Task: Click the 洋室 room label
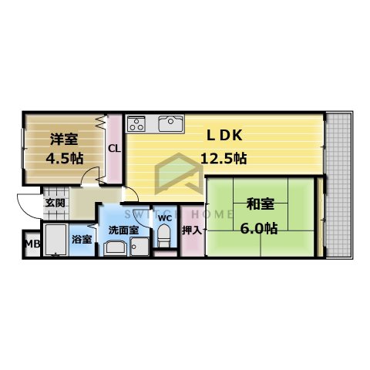coord(63,140)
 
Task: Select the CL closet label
coord(113,149)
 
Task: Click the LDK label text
coord(224,135)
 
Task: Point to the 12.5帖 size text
coord(224,158)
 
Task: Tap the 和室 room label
coord(261,204)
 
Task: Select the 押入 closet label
coord(190,229)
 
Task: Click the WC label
coord(164,217)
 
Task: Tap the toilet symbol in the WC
coord(163,237)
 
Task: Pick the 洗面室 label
coord(123,229)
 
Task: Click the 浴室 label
coord(81,239)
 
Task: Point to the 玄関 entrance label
coord(54,203)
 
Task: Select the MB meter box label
coord(31,245)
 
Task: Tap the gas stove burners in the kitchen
coord(137,122)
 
